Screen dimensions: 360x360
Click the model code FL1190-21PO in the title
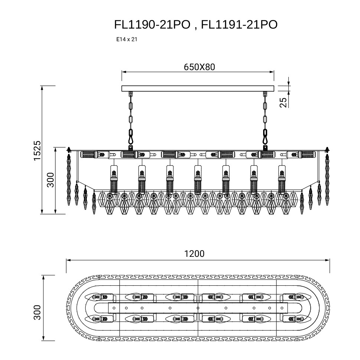click(153, 24)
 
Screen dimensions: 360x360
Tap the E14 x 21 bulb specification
click(127, 39)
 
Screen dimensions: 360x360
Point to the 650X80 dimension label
click(199, 67)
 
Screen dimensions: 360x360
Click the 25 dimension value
click(283, 102)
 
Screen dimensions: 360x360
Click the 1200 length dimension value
click(194, 254)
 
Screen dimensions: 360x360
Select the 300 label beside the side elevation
click(50, 180)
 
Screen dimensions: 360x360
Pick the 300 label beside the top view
click(37, 312)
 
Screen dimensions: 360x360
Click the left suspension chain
click(131, 119)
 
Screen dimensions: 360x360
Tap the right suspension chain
click(265, 119)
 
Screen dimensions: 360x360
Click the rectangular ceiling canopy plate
click(198, 88)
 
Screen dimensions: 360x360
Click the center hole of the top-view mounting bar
click(198, 308)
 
